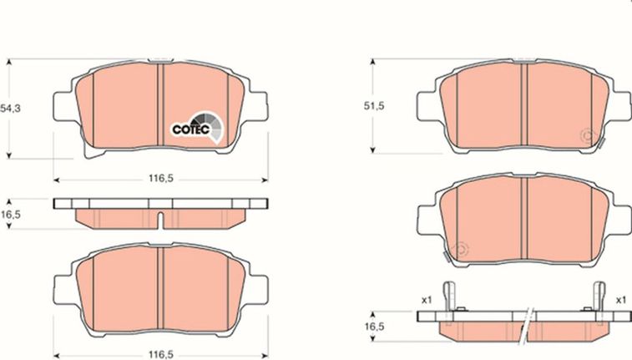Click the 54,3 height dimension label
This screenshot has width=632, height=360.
pyautogui.click(x=11, y=109)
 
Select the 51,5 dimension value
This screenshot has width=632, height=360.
pyautogui.click(x=374, y=106)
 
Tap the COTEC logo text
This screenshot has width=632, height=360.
pyautogui.click(x=190, y=129)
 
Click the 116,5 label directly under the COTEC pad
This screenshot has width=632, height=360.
pyautogui.click(x=161, y=179)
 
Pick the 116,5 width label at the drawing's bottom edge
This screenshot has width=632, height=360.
pyautogui.click(x=161, y=355)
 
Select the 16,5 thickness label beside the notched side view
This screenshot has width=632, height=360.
pyautogui.click(x=11, y=215)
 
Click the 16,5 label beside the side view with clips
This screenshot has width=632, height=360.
pyautogui.click(x=375, y=327)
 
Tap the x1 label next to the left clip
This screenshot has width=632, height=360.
pyautogui.click(x=427, y=300)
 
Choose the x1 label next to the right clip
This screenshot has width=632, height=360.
pyautogui.click(x=620, y=300)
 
